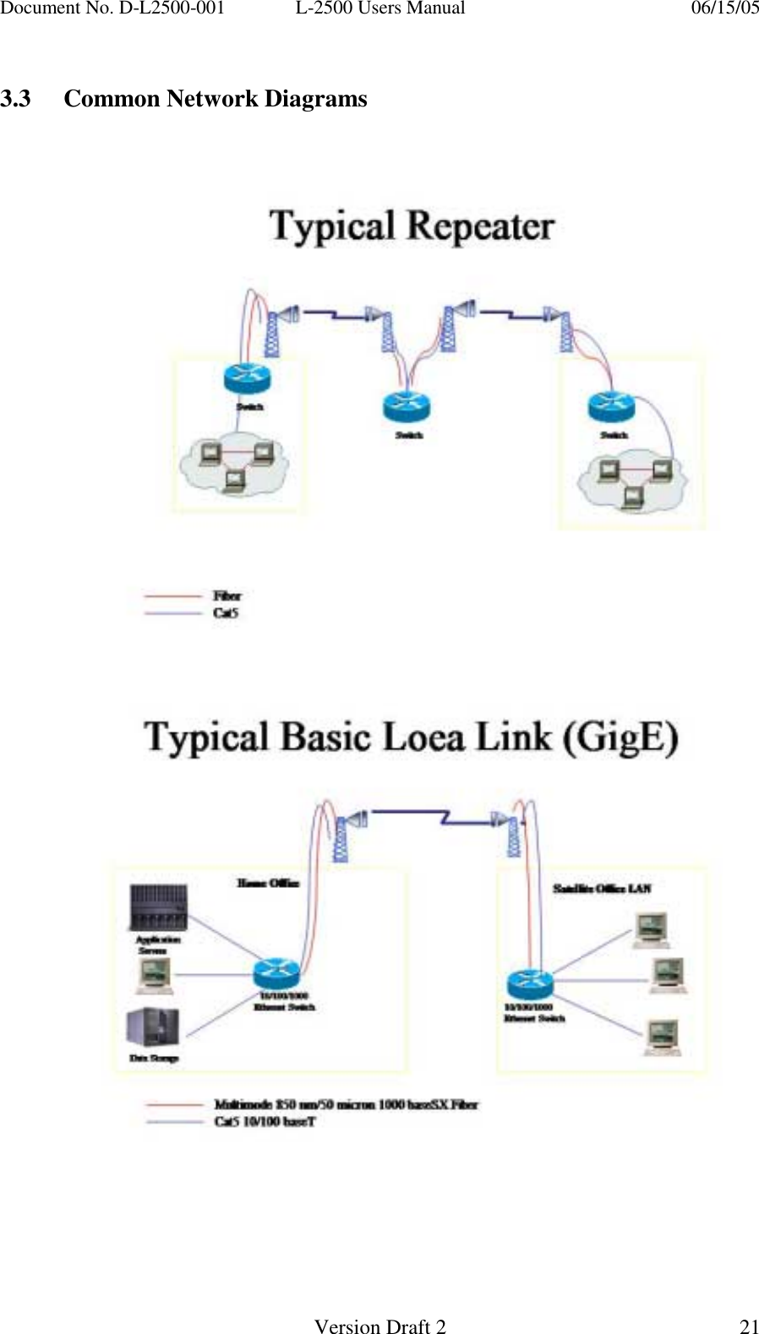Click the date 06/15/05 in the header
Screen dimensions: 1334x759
click(x=724, y=8)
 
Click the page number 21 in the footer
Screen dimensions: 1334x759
click(x=749, y=1326)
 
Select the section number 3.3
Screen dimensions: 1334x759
click(x=16, y=99)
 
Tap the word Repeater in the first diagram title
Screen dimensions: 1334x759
click(x=480, y=226)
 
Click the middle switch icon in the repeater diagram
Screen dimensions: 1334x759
click(x=407, y=406)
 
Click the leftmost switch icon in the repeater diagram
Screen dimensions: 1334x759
click(x=247, y=378)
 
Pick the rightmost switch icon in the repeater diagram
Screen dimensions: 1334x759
click(x=611, y=406)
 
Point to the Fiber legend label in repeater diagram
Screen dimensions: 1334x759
click(x=227, y=596)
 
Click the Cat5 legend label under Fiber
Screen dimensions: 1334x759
click(x=226, y=613)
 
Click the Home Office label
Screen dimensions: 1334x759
click(x=267, y=883)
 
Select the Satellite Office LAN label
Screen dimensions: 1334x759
click(x=602, y=888)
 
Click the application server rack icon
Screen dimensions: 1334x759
click(x=158, y=907)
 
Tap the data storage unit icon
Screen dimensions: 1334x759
click(x=152, y=1027)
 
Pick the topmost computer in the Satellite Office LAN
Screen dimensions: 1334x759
click(x=652, y=928)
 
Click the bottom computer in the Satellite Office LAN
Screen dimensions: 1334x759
click(x=663, y=1037)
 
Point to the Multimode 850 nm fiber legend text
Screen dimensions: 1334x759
click(x=346, y=1104)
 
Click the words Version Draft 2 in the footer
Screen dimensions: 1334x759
click(x=379, y=1326)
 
